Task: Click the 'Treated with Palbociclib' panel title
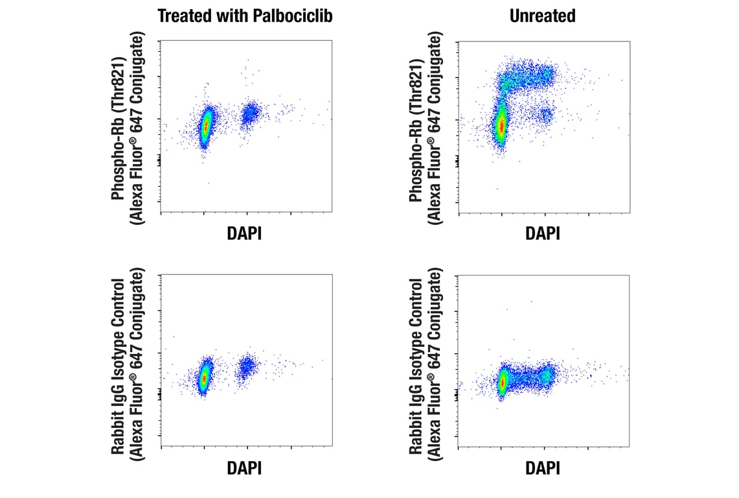click(x=245, y=16)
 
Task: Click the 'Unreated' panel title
click(x=543, y=16)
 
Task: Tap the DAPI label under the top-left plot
click(x=244, y=233)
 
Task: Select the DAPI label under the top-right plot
click(x=543, y=233)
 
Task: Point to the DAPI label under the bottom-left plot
click(x=244, y=468)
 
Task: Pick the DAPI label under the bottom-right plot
click(x=543, y=468)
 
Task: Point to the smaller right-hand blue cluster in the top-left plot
click(x=250, y=115)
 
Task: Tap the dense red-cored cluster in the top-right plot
click(x=501, y=125)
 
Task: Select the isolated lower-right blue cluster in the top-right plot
click(x=545, y=115)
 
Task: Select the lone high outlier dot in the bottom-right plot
click(x=531, y=301)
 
